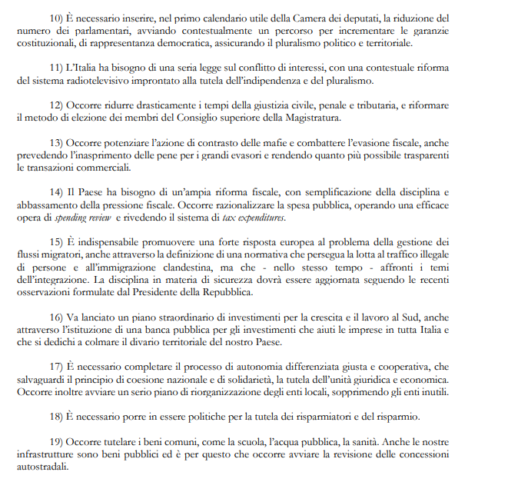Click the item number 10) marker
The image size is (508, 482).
(x=57, y=17)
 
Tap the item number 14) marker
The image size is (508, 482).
(x=57, y=191)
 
